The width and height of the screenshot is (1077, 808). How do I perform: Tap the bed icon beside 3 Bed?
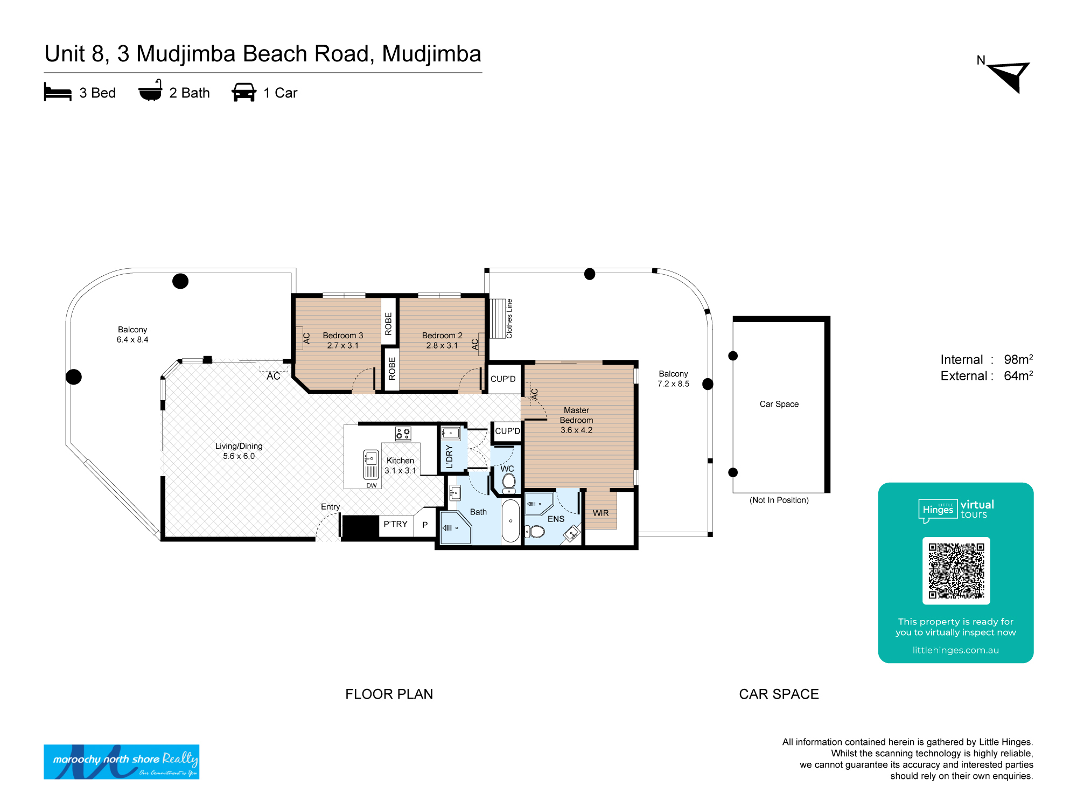point(58,92)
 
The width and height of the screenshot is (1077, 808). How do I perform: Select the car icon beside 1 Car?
point(244,92)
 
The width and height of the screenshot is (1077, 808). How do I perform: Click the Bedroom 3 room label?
point(343,340)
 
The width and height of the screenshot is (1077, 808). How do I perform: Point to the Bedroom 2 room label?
point(442,340)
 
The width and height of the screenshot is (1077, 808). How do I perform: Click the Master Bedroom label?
point(576,420)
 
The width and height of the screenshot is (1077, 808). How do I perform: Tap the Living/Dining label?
point(239,451)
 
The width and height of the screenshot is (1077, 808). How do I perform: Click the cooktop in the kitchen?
point(403,434)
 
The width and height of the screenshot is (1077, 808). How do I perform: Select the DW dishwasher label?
point(372,485)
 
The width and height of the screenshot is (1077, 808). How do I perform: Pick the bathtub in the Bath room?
point(510,520)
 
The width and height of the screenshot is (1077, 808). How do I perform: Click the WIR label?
point(600,513)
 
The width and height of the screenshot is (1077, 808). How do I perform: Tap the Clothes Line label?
point(509,319)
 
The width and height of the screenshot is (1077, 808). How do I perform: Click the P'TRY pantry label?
point(395,524)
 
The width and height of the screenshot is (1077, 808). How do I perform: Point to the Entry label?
point(330,506)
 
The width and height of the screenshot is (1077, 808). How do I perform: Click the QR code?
point(956,570)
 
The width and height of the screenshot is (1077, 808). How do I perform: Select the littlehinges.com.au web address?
point(955,650)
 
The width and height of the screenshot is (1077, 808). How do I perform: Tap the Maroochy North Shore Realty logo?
point(121,762)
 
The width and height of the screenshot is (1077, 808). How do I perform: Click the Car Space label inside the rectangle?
point(779,404)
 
